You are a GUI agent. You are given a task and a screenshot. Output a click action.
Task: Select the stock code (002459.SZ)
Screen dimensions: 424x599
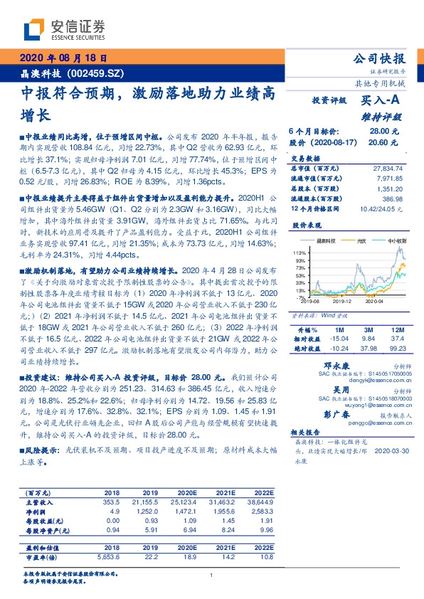[93, 73]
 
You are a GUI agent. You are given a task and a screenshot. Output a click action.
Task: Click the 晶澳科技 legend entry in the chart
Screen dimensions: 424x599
[329, 242]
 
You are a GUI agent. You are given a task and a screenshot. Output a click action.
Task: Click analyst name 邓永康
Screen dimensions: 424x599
[327, 364]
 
